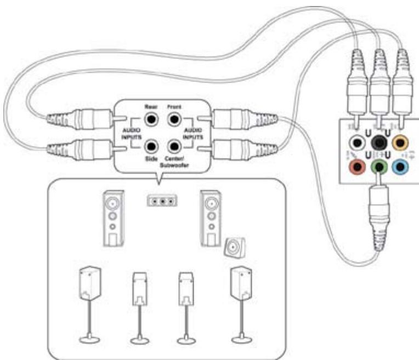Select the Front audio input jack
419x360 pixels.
coord(174,118)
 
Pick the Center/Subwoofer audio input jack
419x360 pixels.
coord(174,146)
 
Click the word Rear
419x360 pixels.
coord(151,106)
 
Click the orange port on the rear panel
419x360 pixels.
coord(400,144)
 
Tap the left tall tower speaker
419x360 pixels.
coord(113,218)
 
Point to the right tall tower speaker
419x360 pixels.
coord(211,218)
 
